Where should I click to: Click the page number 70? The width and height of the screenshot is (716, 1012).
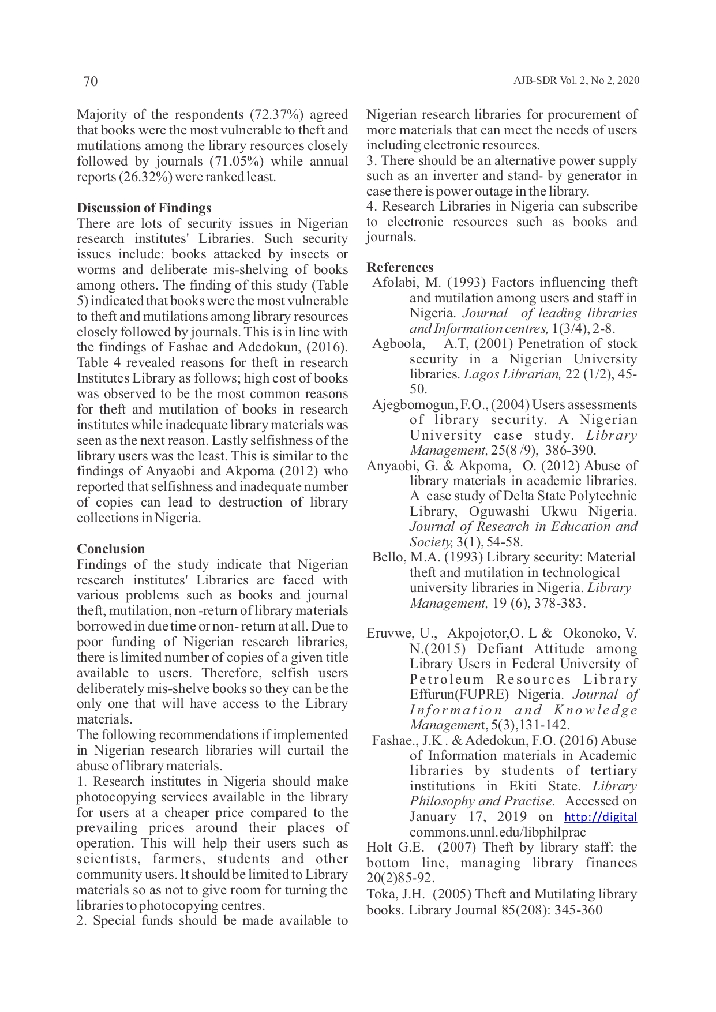point(91,81)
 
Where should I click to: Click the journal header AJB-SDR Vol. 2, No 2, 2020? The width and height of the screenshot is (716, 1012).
point(576,81)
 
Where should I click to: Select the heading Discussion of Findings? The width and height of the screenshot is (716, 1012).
point(144,208)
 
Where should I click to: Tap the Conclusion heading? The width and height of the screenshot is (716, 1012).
point(111,549)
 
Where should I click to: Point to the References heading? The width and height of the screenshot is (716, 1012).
point(400,267)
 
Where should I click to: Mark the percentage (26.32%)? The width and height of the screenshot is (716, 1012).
point(145,177)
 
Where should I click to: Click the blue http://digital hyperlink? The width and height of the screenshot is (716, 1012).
point(600,817)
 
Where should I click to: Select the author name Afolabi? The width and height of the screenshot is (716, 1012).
point(393,283)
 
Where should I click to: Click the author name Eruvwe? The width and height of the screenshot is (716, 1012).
point(386,634)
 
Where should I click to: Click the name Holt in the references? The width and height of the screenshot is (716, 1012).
point(378,848)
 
